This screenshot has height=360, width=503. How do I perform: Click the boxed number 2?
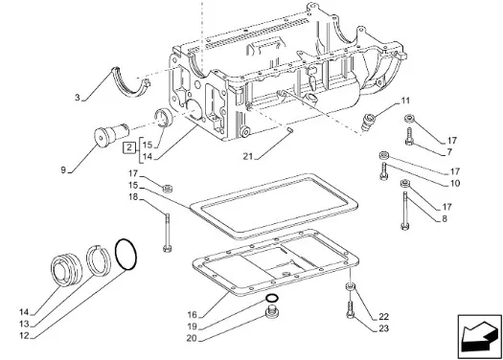[129, 147]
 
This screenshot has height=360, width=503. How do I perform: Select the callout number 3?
[78, 97]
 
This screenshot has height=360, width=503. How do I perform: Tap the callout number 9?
[63, 169]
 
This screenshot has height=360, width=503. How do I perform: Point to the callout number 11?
[405, 101]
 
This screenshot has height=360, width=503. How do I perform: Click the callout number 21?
[247, 156]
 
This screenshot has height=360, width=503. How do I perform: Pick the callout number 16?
[193, 315]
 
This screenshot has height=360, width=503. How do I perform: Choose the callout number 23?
[383, 328]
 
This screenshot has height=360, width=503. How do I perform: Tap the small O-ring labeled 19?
[271, 299]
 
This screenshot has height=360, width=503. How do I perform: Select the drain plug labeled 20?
[272, 312]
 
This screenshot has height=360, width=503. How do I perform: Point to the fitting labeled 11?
[369, 121]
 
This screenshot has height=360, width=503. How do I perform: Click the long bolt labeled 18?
[167, 233]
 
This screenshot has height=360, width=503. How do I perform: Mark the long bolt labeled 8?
[405, 211]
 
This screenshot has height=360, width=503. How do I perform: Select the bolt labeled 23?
[350, 310]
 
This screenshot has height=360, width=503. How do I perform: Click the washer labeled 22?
[350, 286]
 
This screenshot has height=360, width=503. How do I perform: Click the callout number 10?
[455, 184]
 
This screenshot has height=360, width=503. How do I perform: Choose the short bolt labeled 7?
[410, 137]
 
